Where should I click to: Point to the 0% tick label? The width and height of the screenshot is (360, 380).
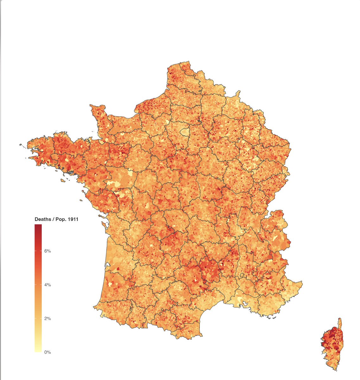[x=48, y=352]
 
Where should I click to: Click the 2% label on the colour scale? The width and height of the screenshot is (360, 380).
[x=48, y=319]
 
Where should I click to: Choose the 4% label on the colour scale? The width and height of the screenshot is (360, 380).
[x=48, y=285]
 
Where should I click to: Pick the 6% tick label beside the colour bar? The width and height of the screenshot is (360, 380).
[x=48, y=251]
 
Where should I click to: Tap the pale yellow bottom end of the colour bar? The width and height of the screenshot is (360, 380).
[x=38, y=350]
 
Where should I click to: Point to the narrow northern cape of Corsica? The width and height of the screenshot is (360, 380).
[x=340, y=323]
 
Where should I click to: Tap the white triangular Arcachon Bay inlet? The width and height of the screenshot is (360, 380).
[x=107, y=264]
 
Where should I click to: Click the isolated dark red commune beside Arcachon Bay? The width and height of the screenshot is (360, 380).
[x=117, y=269]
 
